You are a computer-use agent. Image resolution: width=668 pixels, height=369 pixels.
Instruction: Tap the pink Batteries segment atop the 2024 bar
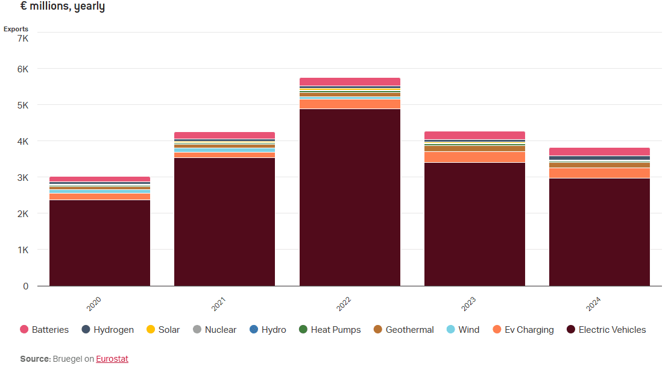pyautogui.click(x=599, y=151)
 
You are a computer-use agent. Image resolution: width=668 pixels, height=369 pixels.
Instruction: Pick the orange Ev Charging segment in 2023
pyautogui.click(x=474, y=157)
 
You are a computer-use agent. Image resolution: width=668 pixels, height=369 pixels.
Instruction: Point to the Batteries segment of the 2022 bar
pyautogui.click(x=350, y=81)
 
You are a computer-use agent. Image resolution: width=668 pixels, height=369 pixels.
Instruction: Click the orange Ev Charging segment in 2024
pyautogui.click(x=599, y=173)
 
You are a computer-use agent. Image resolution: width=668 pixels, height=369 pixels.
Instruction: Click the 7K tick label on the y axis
pyautogui.click(x=22, y=39)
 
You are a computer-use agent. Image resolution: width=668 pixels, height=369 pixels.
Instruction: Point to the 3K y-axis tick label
pyautogui.click(x=22, y=178)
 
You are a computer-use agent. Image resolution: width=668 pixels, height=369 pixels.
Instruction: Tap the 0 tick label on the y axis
pyautogui.click(x=25, y=286)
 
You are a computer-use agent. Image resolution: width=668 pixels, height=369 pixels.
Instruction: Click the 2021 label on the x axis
pyautogui.click(x=218, y=304)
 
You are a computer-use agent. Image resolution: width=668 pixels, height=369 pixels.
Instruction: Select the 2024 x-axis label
pyautogui.click(x=593, y=304)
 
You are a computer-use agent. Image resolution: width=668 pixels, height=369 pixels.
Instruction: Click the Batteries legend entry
pyautogui.click(x=44, y=330)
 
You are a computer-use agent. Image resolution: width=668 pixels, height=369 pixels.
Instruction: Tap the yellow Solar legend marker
pyautogui.click(x=151, y=329)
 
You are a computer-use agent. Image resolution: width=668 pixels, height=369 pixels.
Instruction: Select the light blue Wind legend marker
pyautogui.click(x=450, y=329)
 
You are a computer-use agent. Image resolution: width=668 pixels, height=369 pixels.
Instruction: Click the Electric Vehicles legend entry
pyautogui.click(x=606, y=330)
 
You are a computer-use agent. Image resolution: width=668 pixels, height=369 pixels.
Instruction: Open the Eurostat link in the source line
pyautogui.click(x=112, y=359)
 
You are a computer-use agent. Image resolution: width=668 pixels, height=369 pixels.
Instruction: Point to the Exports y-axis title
pyautogui.click(x=16, y=29)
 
